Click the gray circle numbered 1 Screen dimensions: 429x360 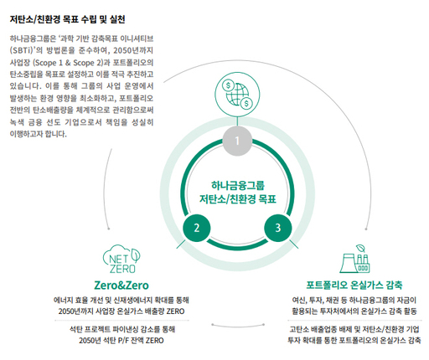(x=237, y=141)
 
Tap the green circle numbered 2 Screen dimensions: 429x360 (x=197, y=228)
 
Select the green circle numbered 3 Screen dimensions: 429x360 (x=277, y=228)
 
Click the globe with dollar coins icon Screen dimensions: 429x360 (x=237, y=94)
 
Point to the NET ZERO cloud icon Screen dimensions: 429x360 (x=121, y=260)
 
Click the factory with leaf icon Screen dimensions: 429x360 (x=355, y=259)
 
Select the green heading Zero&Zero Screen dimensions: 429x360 (x=121, y=285)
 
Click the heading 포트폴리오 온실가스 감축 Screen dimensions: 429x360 (x=354, y=285)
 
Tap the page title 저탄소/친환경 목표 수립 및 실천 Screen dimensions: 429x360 (x=67, y=19)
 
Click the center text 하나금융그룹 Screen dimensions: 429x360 (x=238, y=185)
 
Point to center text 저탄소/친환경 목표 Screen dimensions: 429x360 (x=238, y=199)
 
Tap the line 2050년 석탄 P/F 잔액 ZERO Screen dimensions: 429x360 (x=121, y=341)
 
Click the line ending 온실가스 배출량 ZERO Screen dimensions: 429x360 (x=121, y=311)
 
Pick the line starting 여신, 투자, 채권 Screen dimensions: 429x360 (x=354, y=300)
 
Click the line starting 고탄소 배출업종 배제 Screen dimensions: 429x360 (x=354, y=329)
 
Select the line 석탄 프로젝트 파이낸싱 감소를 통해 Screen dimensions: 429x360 (x=122, y=329)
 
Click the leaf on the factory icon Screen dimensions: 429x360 (x=360, y=249)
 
